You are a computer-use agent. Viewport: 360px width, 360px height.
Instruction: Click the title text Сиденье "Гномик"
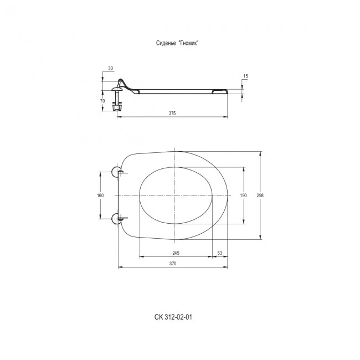click(177, 43)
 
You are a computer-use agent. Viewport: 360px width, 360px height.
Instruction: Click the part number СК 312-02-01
click(173, 317)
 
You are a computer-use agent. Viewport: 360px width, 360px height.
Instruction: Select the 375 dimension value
click(172, 113)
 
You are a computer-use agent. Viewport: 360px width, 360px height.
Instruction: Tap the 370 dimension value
click(173, 264)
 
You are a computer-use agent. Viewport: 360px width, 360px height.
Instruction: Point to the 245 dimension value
click(176, 253)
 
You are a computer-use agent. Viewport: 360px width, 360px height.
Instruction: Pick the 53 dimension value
click(220, 253)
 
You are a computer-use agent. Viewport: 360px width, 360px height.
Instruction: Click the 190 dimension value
click(243, 196)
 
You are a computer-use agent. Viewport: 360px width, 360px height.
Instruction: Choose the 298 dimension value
click(260, 196)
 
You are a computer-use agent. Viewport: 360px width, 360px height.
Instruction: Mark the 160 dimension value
click(100, 196)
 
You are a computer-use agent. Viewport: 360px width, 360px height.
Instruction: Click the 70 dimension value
click(102, 101)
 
